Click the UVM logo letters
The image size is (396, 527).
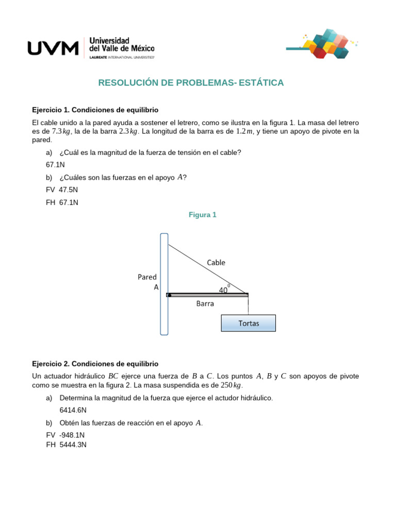point(53,48)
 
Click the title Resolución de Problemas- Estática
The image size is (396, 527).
point(191,83)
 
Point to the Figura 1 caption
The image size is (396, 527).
point(203,215)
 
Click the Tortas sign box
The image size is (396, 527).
point(249,323)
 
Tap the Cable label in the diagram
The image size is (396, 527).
point(216,262)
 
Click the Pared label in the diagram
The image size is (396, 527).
point(147,277)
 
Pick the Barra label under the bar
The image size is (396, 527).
point(205,304)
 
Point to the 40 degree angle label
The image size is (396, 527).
point(224,290)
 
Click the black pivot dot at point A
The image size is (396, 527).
point(169,295)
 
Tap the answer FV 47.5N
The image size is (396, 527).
point(62,189)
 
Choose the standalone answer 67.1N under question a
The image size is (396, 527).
point(56,165)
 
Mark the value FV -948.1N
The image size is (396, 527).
point(65,435)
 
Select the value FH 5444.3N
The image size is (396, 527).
point(66,445)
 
